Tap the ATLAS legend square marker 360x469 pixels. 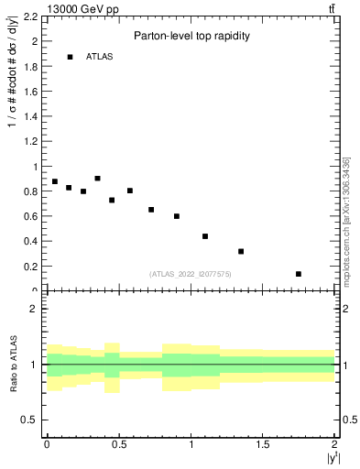70,57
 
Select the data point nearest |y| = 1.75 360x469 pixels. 299,274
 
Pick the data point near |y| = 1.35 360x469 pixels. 241,251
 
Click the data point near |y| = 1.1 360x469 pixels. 205,236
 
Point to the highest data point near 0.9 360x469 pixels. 97,179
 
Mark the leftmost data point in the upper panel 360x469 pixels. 55,181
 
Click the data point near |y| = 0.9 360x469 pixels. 177,216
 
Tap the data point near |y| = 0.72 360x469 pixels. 151,210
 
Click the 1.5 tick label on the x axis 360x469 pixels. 263,444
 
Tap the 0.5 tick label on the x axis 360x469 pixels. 119,444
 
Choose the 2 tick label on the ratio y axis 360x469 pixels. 33,309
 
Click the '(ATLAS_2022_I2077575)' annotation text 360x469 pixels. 190,274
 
